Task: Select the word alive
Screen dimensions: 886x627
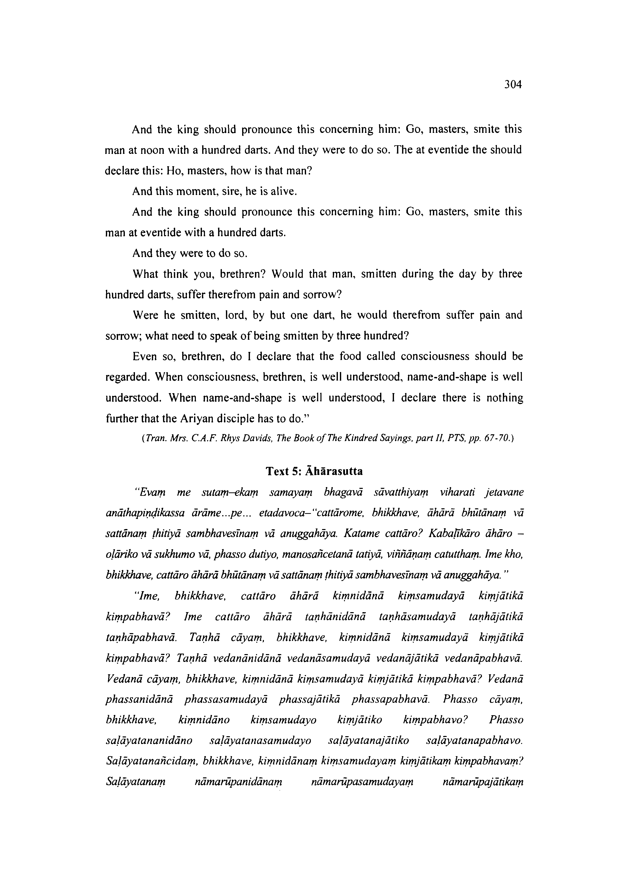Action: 284,192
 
